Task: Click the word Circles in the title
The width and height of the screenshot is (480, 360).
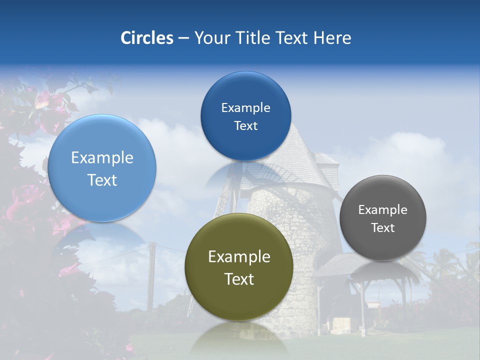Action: coord(147,38)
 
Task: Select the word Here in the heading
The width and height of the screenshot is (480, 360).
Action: coord(332,38)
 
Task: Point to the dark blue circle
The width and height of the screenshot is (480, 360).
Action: coord(245,116)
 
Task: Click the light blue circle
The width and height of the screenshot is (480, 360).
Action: coord(102,168)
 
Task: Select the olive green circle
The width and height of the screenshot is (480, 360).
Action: coord(239,267)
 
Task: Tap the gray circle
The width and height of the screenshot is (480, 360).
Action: coord(383,218)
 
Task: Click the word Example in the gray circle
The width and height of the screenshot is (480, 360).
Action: coord(383,210)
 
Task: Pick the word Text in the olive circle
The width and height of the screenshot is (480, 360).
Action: coord(239,279)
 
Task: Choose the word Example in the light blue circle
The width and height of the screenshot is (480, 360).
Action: coord(102,158)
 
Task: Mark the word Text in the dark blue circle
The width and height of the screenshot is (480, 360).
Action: coord(245,126)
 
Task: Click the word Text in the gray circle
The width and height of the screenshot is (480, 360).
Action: coord(383,228)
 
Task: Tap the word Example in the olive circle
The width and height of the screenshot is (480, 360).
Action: coord(239,257)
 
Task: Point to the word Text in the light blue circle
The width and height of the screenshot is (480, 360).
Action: coord(102,180)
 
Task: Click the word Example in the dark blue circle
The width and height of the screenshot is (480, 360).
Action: coord(245,108)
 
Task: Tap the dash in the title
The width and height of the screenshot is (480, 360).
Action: coord(183,38)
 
